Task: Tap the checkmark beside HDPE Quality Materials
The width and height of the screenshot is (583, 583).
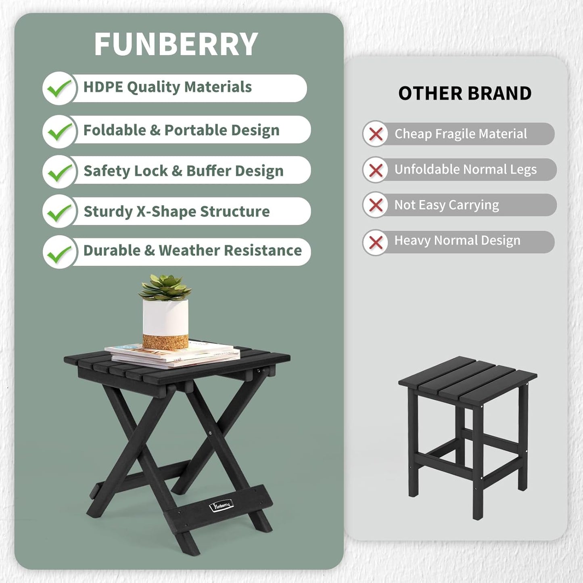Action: tap(59, 88)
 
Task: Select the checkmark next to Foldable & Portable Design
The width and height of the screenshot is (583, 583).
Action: tap(59, 131)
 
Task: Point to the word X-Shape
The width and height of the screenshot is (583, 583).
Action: tap(166, 212)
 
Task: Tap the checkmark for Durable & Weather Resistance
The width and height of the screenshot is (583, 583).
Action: tap(59, 253)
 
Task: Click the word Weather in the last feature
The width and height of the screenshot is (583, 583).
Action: tap(189, 251)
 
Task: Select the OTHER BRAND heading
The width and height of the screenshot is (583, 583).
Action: tap(465, 94)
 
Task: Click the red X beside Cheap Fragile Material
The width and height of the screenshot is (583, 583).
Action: tap(376, 134)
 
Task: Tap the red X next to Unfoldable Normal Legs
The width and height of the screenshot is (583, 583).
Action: tap(376, 170)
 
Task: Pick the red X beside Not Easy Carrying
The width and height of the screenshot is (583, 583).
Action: tap(376, 205)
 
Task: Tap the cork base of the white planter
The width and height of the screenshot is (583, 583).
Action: tap(165, 341)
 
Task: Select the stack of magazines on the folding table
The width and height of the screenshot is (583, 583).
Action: tap(173, 355)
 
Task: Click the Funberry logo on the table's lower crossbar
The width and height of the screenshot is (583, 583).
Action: tap(221, 506)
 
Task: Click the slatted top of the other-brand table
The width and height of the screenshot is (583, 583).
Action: tap(468, 379)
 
